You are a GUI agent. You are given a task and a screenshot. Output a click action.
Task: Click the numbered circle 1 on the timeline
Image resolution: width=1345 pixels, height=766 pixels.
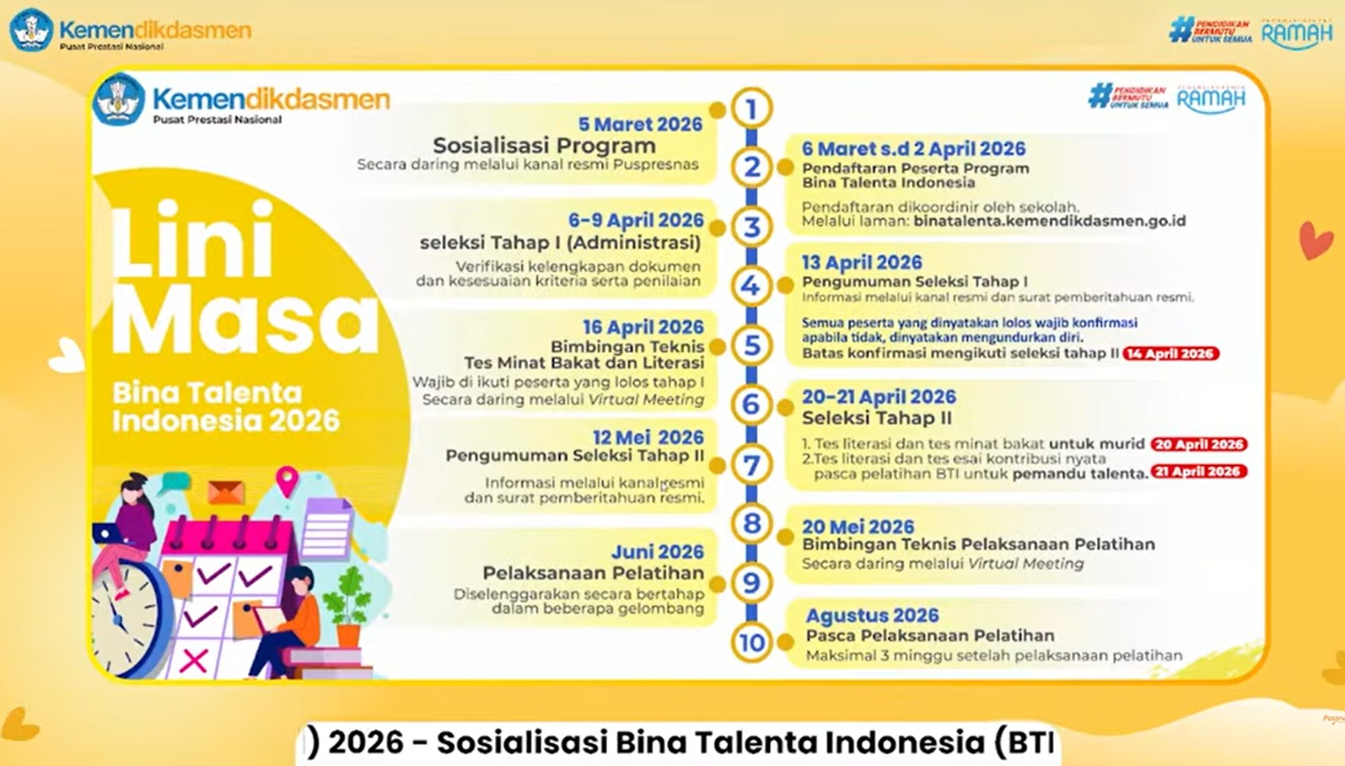tap(752, 108)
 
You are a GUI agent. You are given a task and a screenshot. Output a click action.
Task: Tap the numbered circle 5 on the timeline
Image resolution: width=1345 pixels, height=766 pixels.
tap(752, 345)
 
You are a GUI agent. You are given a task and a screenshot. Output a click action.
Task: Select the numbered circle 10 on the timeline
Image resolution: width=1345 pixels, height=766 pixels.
tap(752, 643)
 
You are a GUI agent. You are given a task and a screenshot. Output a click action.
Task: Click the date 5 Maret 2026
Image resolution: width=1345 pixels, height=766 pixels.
tap(640, 124)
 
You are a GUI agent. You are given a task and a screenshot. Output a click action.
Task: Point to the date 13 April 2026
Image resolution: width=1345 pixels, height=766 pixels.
tap(862, 263)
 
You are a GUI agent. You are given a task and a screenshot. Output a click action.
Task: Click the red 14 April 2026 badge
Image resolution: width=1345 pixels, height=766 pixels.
tap(1171, 354)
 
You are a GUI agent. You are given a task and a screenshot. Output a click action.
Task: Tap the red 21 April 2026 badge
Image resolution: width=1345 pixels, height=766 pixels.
tap(1198, 472)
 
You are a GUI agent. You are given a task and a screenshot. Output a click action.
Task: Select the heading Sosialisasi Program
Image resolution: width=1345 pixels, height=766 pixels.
tap(544, 145)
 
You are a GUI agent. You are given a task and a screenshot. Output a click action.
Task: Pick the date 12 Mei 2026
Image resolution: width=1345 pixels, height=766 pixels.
tap(647, 438)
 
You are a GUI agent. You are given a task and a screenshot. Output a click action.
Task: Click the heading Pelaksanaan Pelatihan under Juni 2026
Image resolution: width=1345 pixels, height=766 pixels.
tap(593, 573)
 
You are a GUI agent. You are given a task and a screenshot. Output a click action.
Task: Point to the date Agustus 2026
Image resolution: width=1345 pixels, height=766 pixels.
tap(872, 616)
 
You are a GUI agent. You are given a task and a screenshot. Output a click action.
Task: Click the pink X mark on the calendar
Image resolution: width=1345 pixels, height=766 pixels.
tap(194, 659)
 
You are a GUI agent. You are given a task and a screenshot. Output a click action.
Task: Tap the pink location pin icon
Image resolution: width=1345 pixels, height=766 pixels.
tap(287, 480)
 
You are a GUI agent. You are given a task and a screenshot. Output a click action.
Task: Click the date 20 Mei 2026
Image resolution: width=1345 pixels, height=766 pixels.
tap(857, 527)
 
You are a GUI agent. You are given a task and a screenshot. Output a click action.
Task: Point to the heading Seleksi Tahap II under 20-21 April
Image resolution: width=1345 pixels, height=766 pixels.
tap(877, 418)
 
